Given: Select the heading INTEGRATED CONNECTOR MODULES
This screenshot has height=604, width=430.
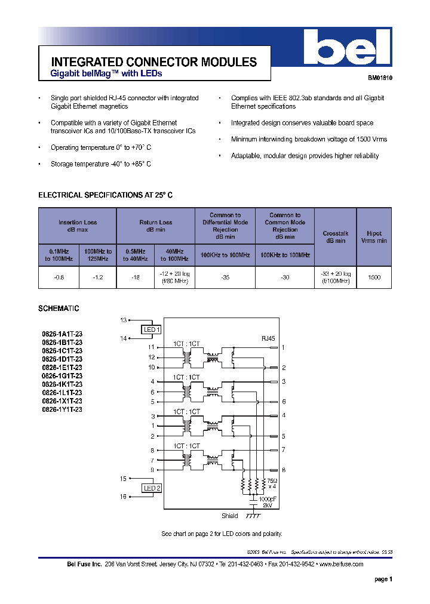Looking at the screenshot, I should coord(154,62).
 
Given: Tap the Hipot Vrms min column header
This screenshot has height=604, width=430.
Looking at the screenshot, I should coord(374,237).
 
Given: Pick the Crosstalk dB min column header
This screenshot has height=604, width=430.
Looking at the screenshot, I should coord(334,237).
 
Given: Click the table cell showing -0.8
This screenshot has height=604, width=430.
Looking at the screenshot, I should coord(59,278).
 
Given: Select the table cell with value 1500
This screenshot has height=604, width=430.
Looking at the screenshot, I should coord(374,278).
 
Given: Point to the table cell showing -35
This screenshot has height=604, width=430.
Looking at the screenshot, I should coord(225,278).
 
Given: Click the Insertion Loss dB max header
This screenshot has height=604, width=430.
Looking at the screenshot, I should coord(78,226).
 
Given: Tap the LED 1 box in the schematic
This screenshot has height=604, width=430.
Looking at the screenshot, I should coord(151,329).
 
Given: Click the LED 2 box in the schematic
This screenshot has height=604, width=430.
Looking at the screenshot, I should coord(151,488).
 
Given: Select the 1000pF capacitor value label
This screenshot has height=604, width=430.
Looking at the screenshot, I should coord(268,498).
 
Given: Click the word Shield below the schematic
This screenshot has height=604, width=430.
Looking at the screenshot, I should coord(229,516).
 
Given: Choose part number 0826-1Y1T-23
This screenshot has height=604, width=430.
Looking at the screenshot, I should coord(62,410).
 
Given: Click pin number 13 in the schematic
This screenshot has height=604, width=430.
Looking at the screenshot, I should coord(123,321).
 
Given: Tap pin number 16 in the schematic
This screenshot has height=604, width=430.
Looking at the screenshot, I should coord(123,497).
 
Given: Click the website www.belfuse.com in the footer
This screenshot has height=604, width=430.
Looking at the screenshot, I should coord(341,564).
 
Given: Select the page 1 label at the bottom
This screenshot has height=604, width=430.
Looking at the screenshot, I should coord(383,580).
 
